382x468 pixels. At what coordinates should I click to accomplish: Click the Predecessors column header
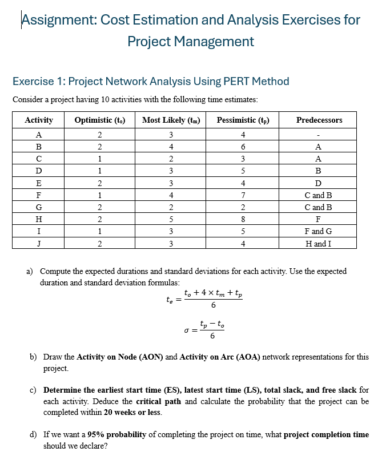(319, 120)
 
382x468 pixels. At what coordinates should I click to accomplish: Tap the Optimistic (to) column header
(100, 120)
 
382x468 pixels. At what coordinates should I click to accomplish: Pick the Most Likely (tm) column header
(171, 120)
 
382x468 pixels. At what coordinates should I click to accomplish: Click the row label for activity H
(38, 219)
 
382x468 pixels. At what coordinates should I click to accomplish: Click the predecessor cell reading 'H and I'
(319, 243)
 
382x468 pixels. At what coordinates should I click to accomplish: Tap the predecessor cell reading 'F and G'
(319, 231)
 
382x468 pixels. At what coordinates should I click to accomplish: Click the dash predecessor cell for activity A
(319, 135)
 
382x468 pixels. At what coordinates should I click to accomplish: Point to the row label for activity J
(38, 243)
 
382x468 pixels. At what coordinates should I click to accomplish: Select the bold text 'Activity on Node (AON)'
(119, 357)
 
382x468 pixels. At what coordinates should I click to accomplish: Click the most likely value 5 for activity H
(171, 219)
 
